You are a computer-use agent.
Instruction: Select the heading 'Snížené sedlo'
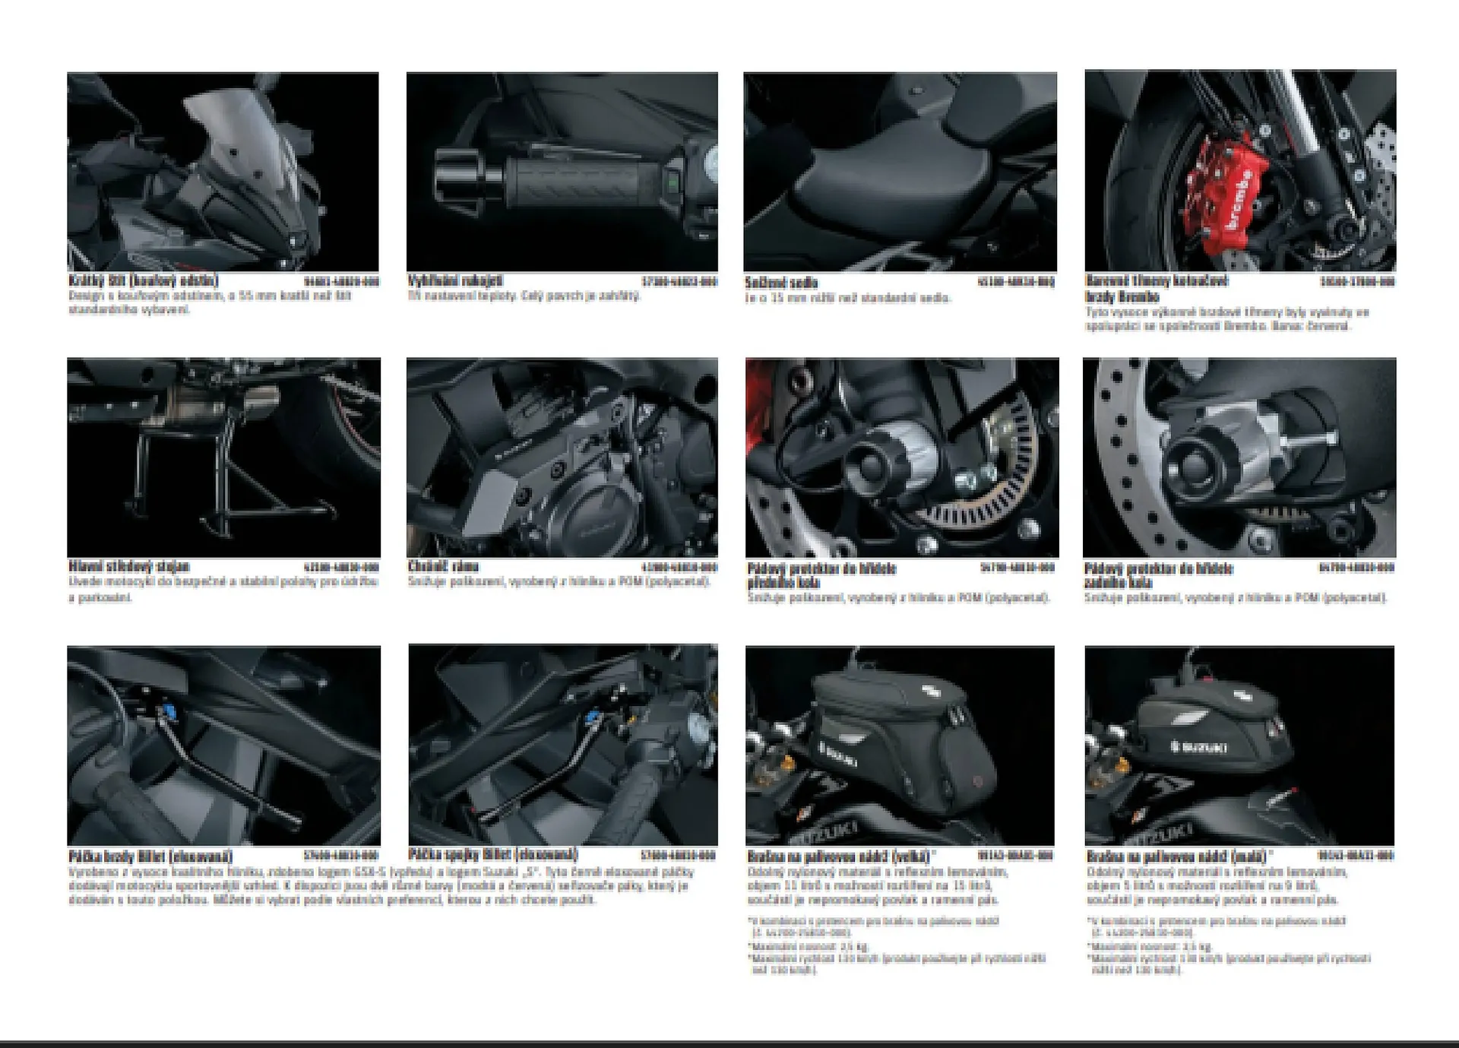[x=781, y=283]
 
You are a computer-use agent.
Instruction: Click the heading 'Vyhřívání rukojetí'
[x=454, y=280]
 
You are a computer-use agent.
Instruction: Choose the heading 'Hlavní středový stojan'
[x=128, y=566]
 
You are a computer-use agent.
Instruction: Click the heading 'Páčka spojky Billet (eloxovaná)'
[x=492, y=854]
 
